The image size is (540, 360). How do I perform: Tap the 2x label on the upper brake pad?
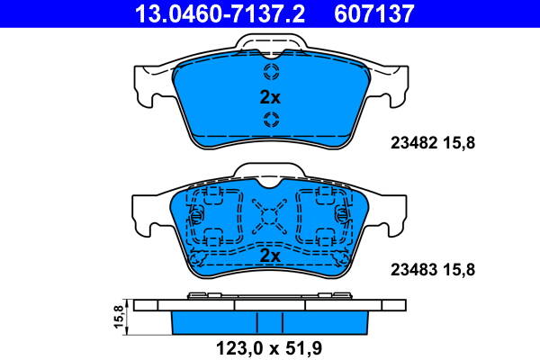[x=270, y=97]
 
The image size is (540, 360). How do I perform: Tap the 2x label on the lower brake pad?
[x=270, y=256]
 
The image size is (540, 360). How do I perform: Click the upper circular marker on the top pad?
[x=271, y=72]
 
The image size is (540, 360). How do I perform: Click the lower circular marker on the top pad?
[x=271, y=121]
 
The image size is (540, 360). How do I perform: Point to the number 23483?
[x=410, y=268]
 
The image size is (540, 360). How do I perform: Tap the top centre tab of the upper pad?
[x=271, y=43]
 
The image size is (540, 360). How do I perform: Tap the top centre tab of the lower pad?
[x=271, y=171]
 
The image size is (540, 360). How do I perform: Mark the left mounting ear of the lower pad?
[x=148, y=211]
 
